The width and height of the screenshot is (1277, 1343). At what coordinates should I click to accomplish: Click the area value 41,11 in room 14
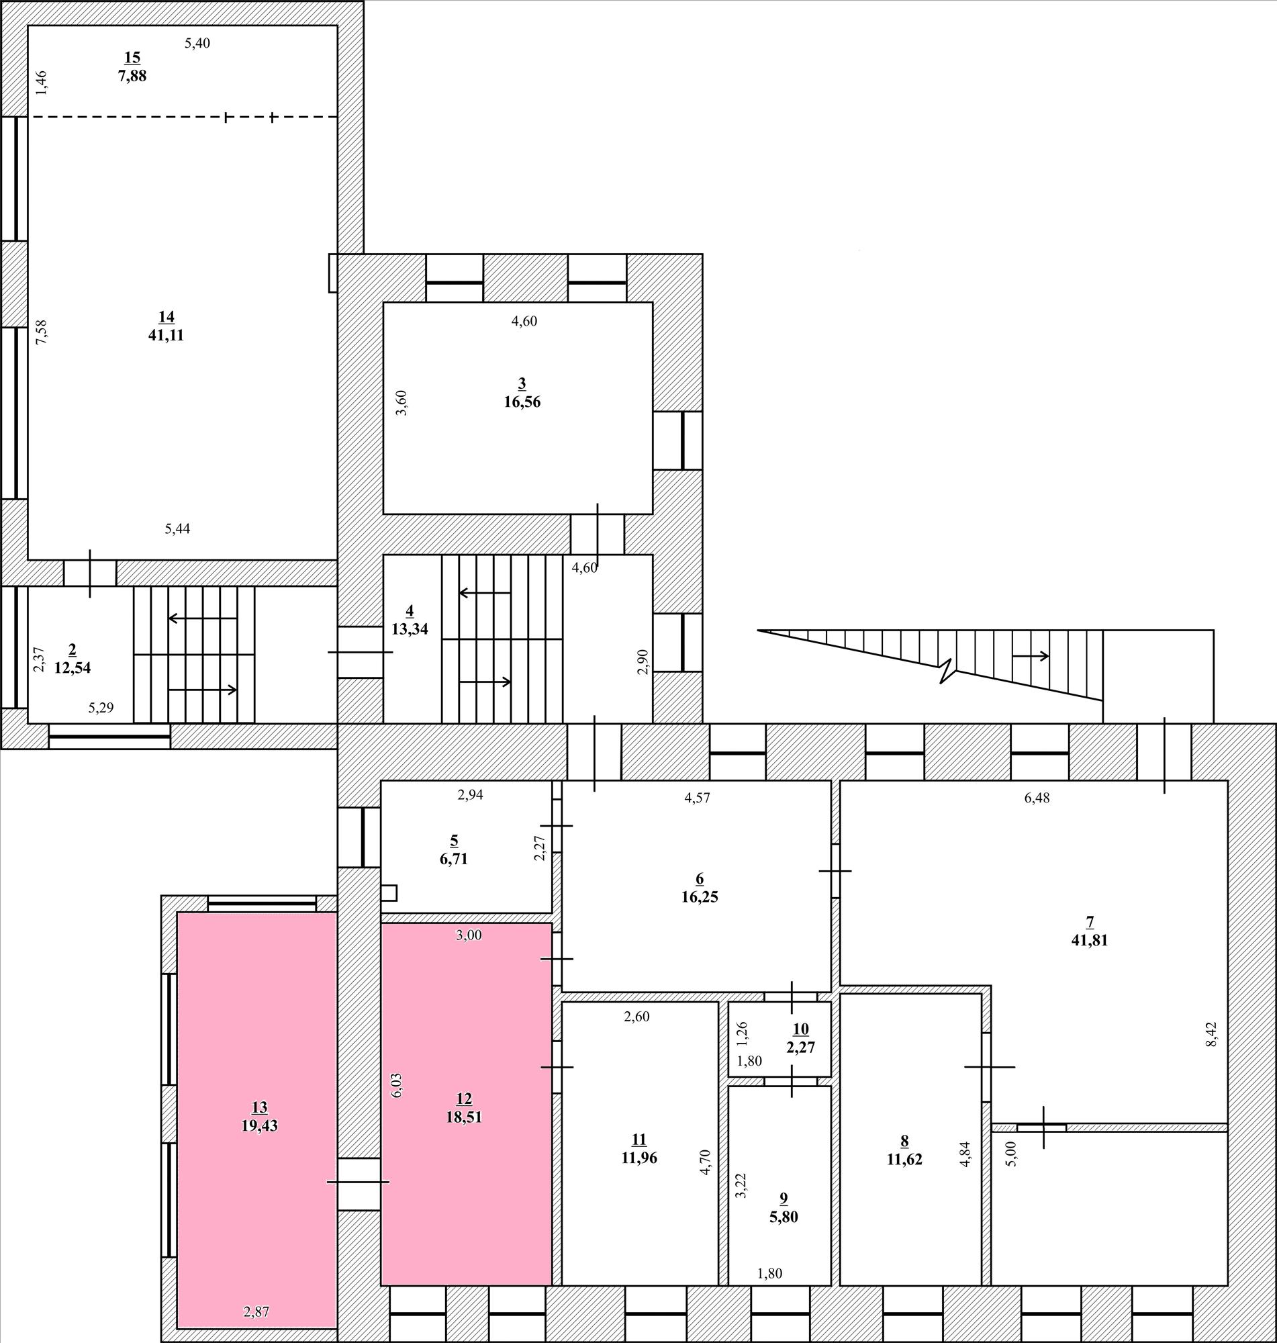166,335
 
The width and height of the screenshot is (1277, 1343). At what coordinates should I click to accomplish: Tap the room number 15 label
132,57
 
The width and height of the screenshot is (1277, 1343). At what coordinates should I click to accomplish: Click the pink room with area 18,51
465,1104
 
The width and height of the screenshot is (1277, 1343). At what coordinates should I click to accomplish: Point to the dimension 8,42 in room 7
1211,1034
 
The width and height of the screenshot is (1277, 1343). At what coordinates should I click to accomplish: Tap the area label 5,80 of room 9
784,1215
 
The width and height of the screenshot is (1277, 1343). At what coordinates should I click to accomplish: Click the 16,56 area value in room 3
522,402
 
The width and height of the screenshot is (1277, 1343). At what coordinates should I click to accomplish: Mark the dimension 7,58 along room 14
42,332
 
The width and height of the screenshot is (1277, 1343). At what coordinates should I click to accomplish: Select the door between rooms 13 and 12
359,1183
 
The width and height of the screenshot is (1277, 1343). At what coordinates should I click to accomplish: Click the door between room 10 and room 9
792,1082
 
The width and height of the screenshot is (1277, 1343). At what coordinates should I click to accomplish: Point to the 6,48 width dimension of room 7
1037,798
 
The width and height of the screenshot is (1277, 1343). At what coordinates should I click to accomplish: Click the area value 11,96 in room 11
639,1158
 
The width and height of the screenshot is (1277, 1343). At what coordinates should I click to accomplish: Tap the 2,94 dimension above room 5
471,794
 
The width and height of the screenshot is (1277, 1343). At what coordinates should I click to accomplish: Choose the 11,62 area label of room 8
904,1159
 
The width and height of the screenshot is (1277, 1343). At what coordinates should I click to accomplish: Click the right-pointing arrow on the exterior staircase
1031,656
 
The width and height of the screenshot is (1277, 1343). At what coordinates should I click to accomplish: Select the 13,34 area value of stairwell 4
410,629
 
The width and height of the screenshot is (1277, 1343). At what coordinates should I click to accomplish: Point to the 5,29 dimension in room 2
101,708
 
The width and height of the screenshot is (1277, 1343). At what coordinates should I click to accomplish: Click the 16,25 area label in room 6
700,896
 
